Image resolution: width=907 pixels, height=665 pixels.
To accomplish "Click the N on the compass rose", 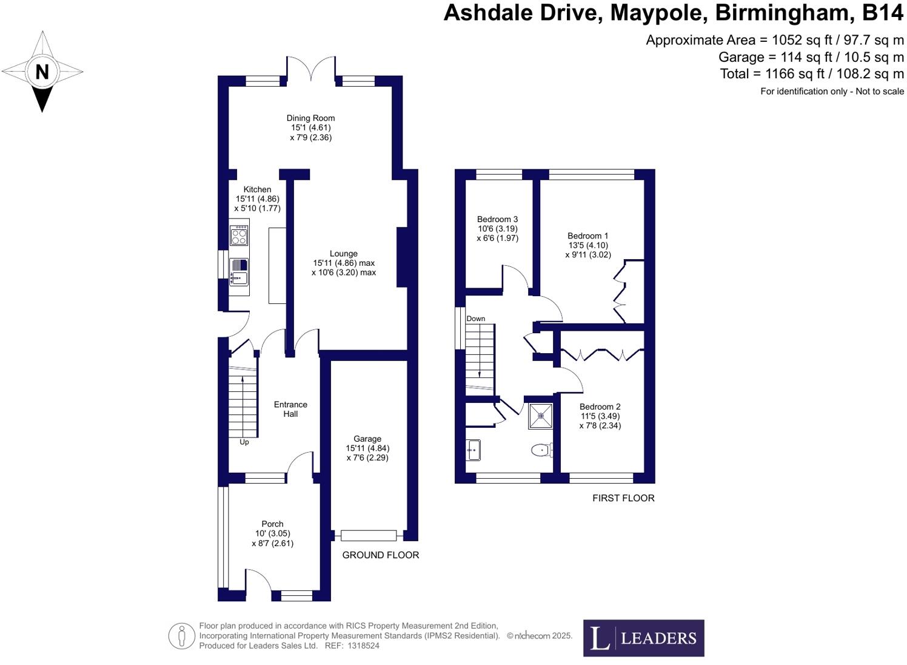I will [x=42, y=72].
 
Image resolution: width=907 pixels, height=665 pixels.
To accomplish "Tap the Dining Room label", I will [x=310, y=118].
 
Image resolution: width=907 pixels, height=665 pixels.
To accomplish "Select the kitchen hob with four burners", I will [x=239, y=235].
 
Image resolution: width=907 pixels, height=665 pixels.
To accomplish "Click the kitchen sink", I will [x=239, y=271].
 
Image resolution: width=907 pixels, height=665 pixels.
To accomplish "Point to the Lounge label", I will [x=344, y=254].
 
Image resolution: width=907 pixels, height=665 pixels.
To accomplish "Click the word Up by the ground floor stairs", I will [x=244, y=442].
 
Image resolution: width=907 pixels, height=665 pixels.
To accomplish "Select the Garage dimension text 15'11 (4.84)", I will [x=367, y=448].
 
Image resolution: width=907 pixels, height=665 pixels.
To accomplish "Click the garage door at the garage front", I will [x=368, y=535].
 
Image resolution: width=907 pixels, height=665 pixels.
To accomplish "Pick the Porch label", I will [x=272, y=524].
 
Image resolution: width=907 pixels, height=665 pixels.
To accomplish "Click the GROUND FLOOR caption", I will [x=380, y=555].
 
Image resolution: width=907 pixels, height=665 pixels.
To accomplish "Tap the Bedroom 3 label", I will [x=497, y=219].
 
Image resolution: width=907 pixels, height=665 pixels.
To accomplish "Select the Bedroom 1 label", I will [x=587, y=235].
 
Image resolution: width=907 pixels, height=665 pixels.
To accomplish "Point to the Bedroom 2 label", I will [x=600, y=407].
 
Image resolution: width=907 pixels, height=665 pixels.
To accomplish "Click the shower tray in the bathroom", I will [x=540, y=416].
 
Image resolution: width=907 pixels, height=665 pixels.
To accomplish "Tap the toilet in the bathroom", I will [x=541, y=450].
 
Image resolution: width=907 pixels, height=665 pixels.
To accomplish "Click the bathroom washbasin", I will [x=474, y=450].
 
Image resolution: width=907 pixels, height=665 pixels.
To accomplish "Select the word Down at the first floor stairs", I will [x=476, y=319].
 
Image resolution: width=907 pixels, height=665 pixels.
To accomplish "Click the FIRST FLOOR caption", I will [x=623, y=498].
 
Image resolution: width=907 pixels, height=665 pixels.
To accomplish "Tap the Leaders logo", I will [x=643, y=638].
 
